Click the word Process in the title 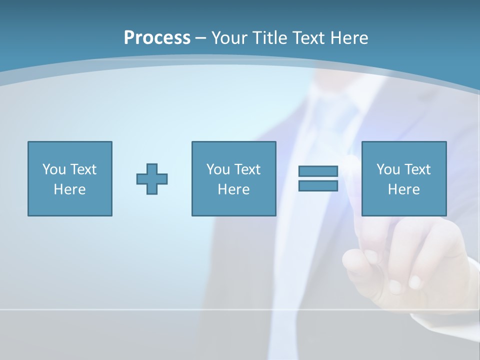pos(157,38)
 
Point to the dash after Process pos(201,38)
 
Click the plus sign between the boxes pos(152,179)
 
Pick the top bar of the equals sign pos(318,171)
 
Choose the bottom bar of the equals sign pos(318,185)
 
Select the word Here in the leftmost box pos(69,189)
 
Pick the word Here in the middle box pos(233,189)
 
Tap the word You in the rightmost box pos(388,169)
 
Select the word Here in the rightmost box pos(403,189)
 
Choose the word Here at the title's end pos(349,38)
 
